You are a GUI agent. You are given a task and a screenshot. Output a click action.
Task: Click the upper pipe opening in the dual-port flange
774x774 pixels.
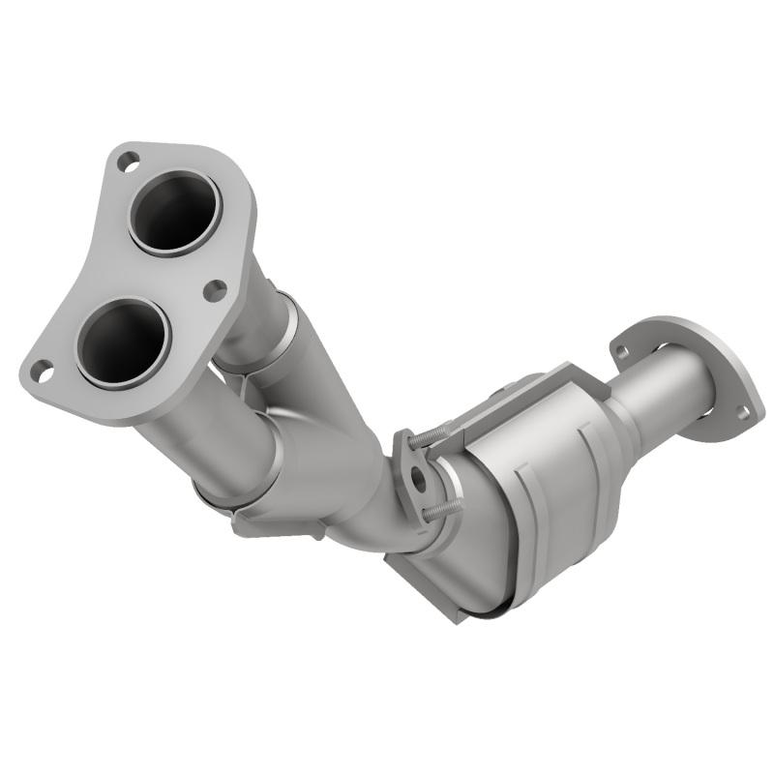click(174, 212)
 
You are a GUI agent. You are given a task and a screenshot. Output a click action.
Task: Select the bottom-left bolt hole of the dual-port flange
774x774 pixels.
click(42, 369)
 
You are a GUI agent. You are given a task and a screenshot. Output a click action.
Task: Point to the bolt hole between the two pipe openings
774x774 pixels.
click(216, 289)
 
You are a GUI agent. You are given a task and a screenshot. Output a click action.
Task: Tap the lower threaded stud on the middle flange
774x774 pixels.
click(439, 505)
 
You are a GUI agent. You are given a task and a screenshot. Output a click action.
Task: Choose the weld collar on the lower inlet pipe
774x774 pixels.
click(232, 484)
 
